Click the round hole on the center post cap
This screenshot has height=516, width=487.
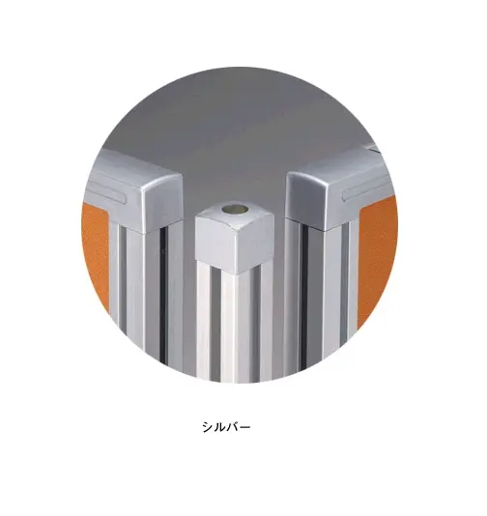[235, 209]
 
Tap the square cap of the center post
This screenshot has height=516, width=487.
[235, 237]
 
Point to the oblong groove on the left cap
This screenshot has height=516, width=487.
[107, 193]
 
